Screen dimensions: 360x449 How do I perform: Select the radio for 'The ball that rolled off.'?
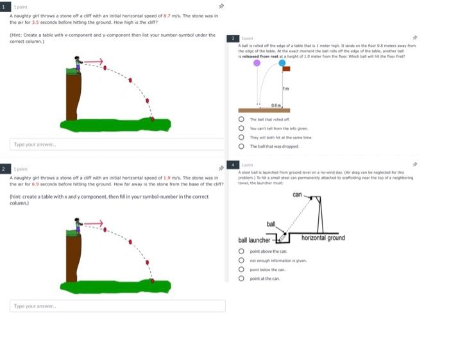[x=241, y=119]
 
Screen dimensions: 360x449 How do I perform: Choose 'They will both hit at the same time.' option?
[x=241, y=137]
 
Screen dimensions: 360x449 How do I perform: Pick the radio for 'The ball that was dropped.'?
[x=241, y=146]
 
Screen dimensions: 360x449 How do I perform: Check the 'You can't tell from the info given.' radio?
[x=241, y=128]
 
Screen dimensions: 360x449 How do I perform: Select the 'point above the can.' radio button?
[x=241, y=252]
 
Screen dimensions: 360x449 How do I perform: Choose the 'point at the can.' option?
[x=241, y=279]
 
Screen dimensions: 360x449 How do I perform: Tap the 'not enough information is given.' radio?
[x=241, y=261]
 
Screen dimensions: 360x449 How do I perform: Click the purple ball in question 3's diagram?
[x=257, y=63]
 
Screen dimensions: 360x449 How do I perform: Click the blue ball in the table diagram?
[x=282, y=63]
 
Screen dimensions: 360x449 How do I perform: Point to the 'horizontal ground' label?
[x=323, y=238]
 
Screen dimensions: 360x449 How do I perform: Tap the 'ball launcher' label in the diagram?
[x=255, y=240]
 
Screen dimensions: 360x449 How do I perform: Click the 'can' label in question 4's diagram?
[x=297, y=194]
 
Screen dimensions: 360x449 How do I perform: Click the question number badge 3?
[x=234, y=39]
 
